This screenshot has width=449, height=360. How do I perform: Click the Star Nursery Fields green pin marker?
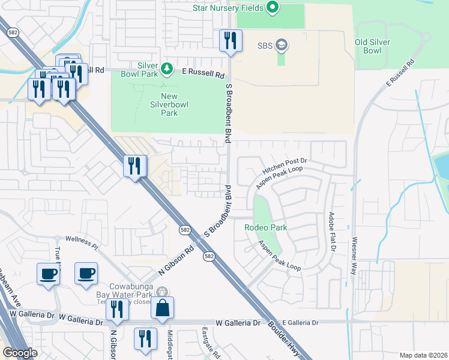coord(273,8)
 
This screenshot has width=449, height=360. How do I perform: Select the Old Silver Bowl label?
coord(372,46)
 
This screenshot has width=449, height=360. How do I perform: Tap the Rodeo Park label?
coord(266,227)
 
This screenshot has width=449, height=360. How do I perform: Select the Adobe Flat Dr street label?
coord(331,232)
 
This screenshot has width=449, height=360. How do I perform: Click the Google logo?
coord(20,353)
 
